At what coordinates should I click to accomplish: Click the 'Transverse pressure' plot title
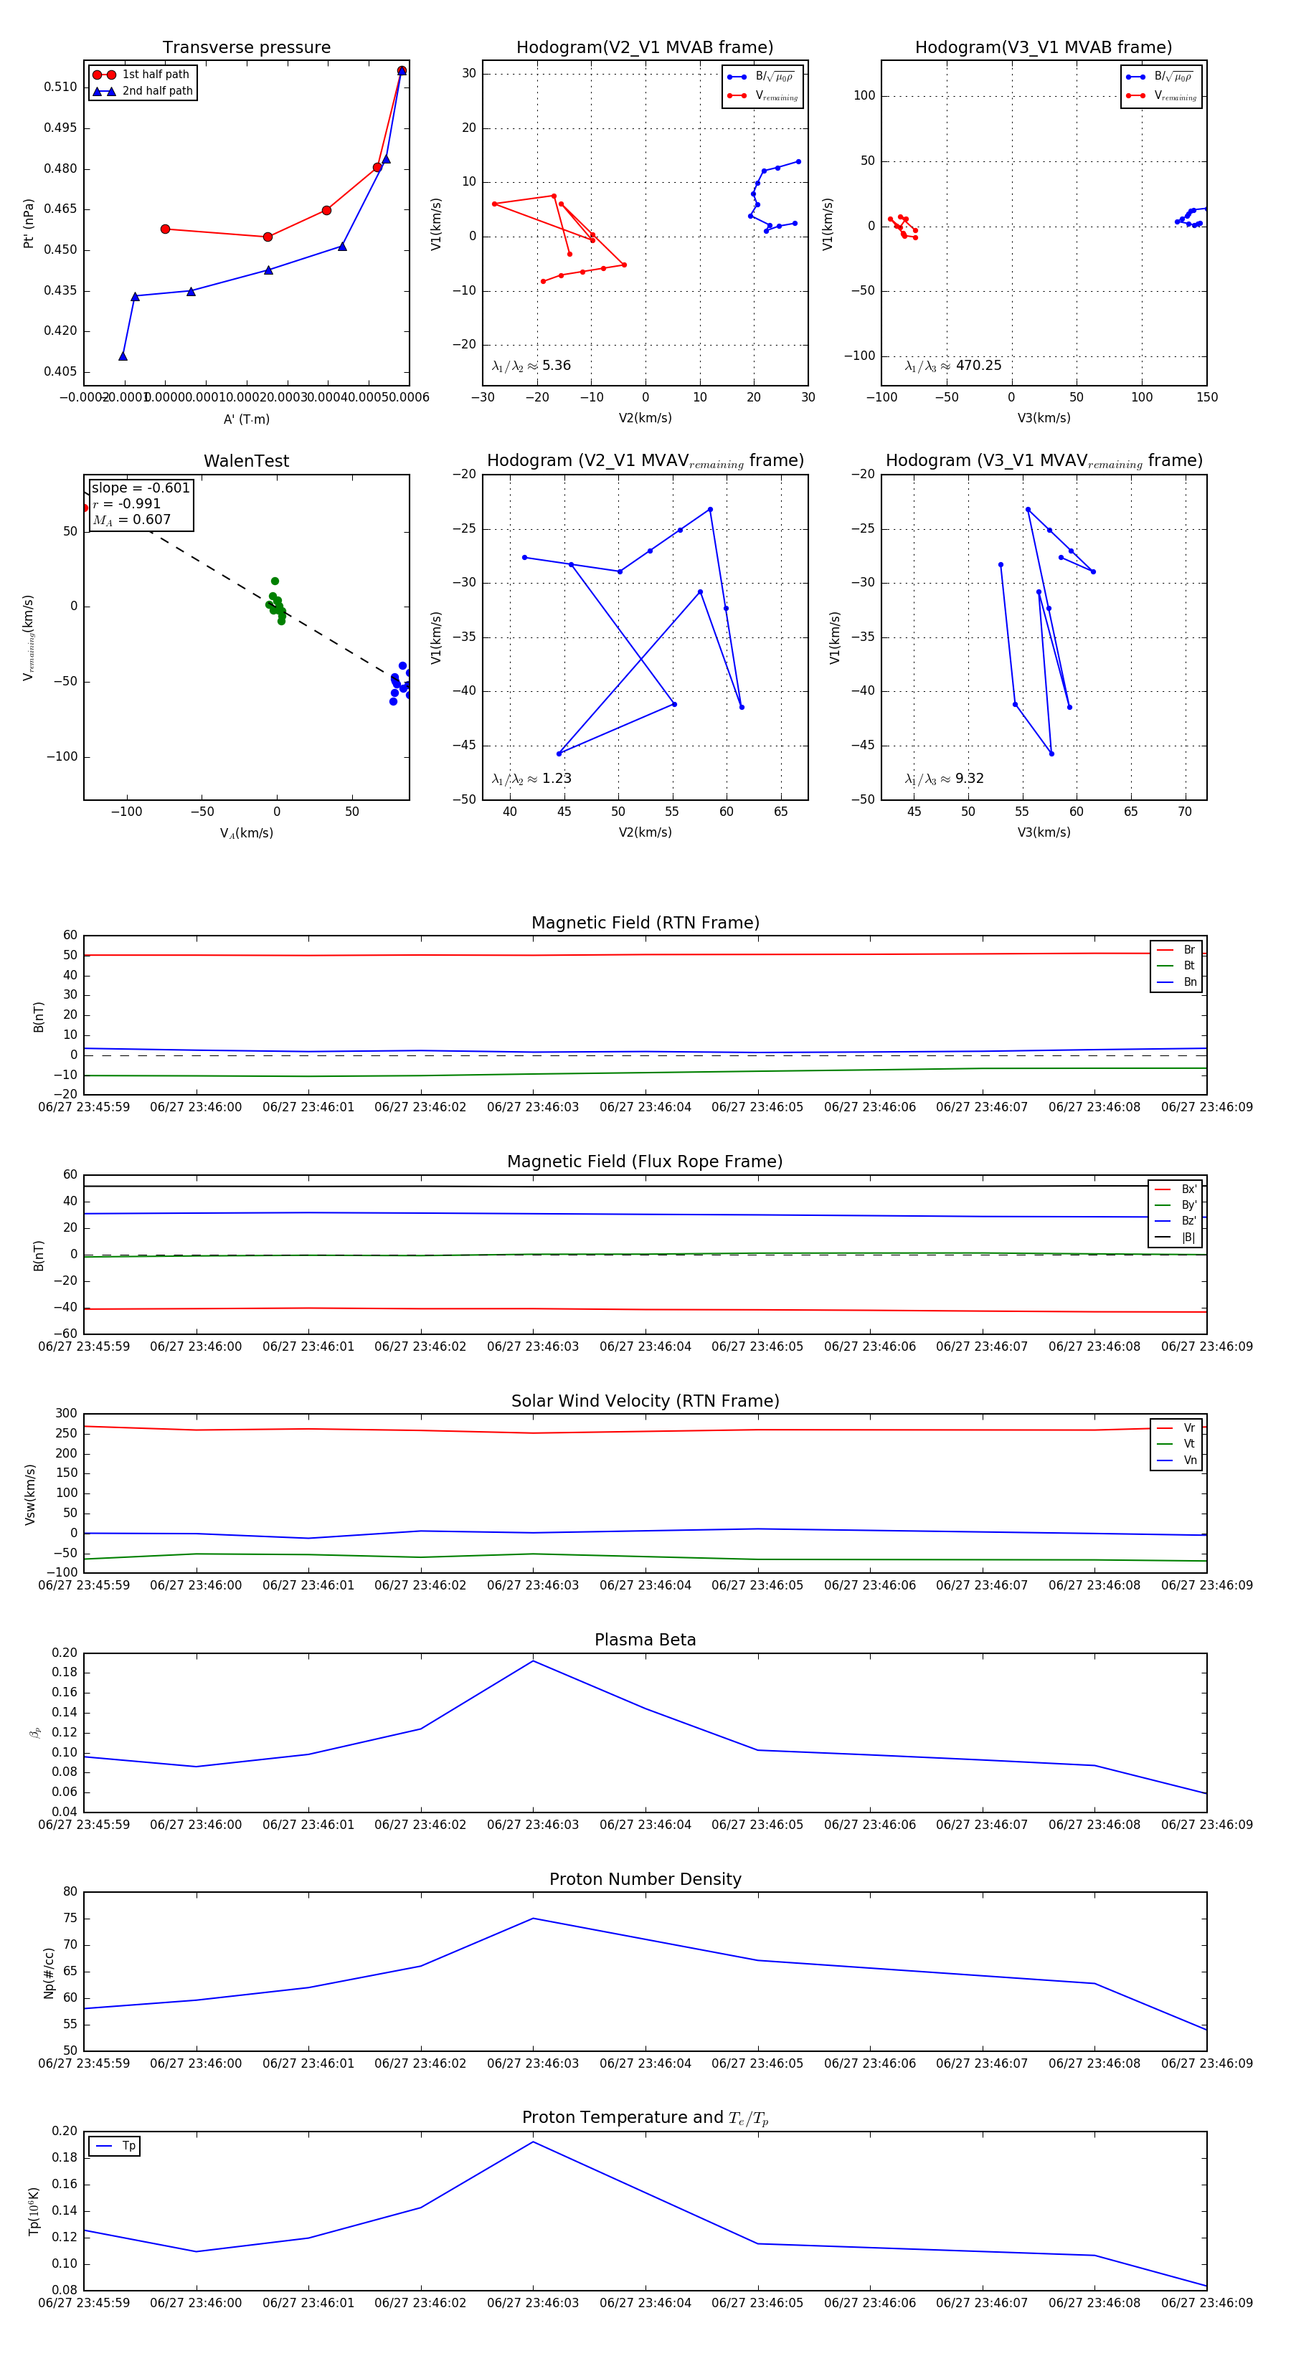click(246, 48)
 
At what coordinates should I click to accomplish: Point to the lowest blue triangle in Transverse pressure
click(123, 356)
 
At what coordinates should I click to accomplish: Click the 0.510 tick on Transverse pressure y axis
click(61, 87)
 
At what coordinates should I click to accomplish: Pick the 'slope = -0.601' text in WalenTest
click(141, 488)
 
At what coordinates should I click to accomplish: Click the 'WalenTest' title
click(246, 461)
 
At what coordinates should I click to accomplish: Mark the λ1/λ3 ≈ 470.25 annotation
click(953, 366)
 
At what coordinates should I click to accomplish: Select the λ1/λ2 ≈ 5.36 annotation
click(531, 366)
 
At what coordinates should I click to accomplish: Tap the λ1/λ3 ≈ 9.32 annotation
click(944, 779)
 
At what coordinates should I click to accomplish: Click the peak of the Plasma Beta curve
click(533, 1661)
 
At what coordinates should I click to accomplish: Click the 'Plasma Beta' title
click(645, 1640)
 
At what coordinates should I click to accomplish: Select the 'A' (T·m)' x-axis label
click(246, 419)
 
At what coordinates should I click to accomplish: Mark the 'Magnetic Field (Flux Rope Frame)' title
click(645, 1162)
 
